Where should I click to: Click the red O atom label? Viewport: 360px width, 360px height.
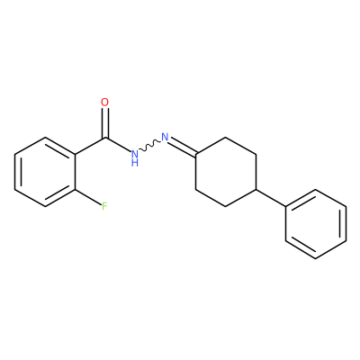[104, 103]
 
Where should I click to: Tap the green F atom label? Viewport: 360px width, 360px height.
[104, 206]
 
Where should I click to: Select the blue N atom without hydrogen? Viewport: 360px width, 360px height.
[165, 137]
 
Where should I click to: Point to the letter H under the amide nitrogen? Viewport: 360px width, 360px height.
[135, 163]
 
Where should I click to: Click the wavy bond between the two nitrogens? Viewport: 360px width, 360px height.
[149, 146]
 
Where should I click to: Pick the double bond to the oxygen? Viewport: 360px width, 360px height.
[104, 123]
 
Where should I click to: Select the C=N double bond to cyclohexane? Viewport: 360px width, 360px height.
[183, 148]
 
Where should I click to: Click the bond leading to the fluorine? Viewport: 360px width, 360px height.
[88, 197]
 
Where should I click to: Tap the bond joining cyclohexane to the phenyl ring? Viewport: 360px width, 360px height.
[270, 198]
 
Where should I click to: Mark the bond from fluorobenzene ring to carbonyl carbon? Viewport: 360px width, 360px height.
[90, 146]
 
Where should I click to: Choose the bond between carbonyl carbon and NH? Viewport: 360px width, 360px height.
[118, 145]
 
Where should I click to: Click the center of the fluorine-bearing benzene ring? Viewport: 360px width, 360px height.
[45, 172]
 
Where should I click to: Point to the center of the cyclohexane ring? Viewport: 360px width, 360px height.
[225, 172]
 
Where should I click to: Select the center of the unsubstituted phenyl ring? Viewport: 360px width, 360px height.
[316, 224]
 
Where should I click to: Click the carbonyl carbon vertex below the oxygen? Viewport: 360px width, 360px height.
[105, 138]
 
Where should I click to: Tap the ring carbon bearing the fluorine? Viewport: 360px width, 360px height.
[75, 189]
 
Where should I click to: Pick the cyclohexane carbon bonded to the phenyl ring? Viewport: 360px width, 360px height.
[256, 189]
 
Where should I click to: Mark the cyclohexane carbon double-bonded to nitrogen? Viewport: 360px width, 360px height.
[195, 155]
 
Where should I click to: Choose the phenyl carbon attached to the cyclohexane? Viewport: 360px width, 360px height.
[285, 206]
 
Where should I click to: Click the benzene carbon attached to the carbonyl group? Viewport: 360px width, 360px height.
[75, 155]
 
